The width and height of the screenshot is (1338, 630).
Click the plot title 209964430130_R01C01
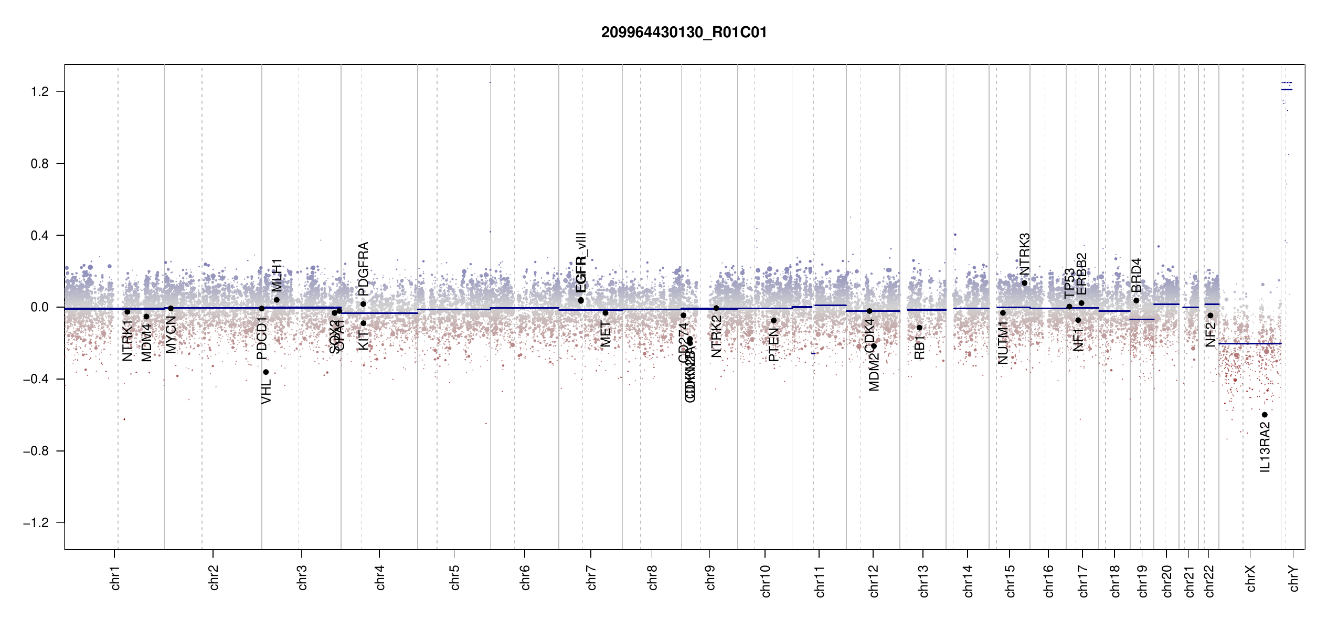(x=684, y=33)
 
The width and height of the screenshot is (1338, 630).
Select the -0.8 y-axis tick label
(x=37, y=451)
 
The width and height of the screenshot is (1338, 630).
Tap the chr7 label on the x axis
(x=591, y=577)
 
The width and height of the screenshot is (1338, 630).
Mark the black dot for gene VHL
(x=266, y=372)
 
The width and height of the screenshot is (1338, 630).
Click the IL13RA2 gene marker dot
(x=1265, y=415)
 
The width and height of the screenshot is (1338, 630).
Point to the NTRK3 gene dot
(x=1024, y=283)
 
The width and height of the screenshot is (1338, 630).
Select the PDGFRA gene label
(x=363, y=268)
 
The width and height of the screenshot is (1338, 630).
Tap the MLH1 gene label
(x=277, y=275)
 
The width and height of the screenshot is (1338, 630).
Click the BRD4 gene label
(x=1136, y=275)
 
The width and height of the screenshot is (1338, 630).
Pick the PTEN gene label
(x=773, y=345)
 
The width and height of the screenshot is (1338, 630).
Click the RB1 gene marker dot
(x=919, y=328)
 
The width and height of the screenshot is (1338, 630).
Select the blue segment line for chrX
(x=1250, y=343)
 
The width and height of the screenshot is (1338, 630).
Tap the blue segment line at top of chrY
(x=1287, y=90)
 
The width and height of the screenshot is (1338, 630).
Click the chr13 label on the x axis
(x=923, y=581)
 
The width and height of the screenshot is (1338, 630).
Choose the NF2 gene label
(x=1210, y=334)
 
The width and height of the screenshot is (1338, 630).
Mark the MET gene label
(x=606, y=334)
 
